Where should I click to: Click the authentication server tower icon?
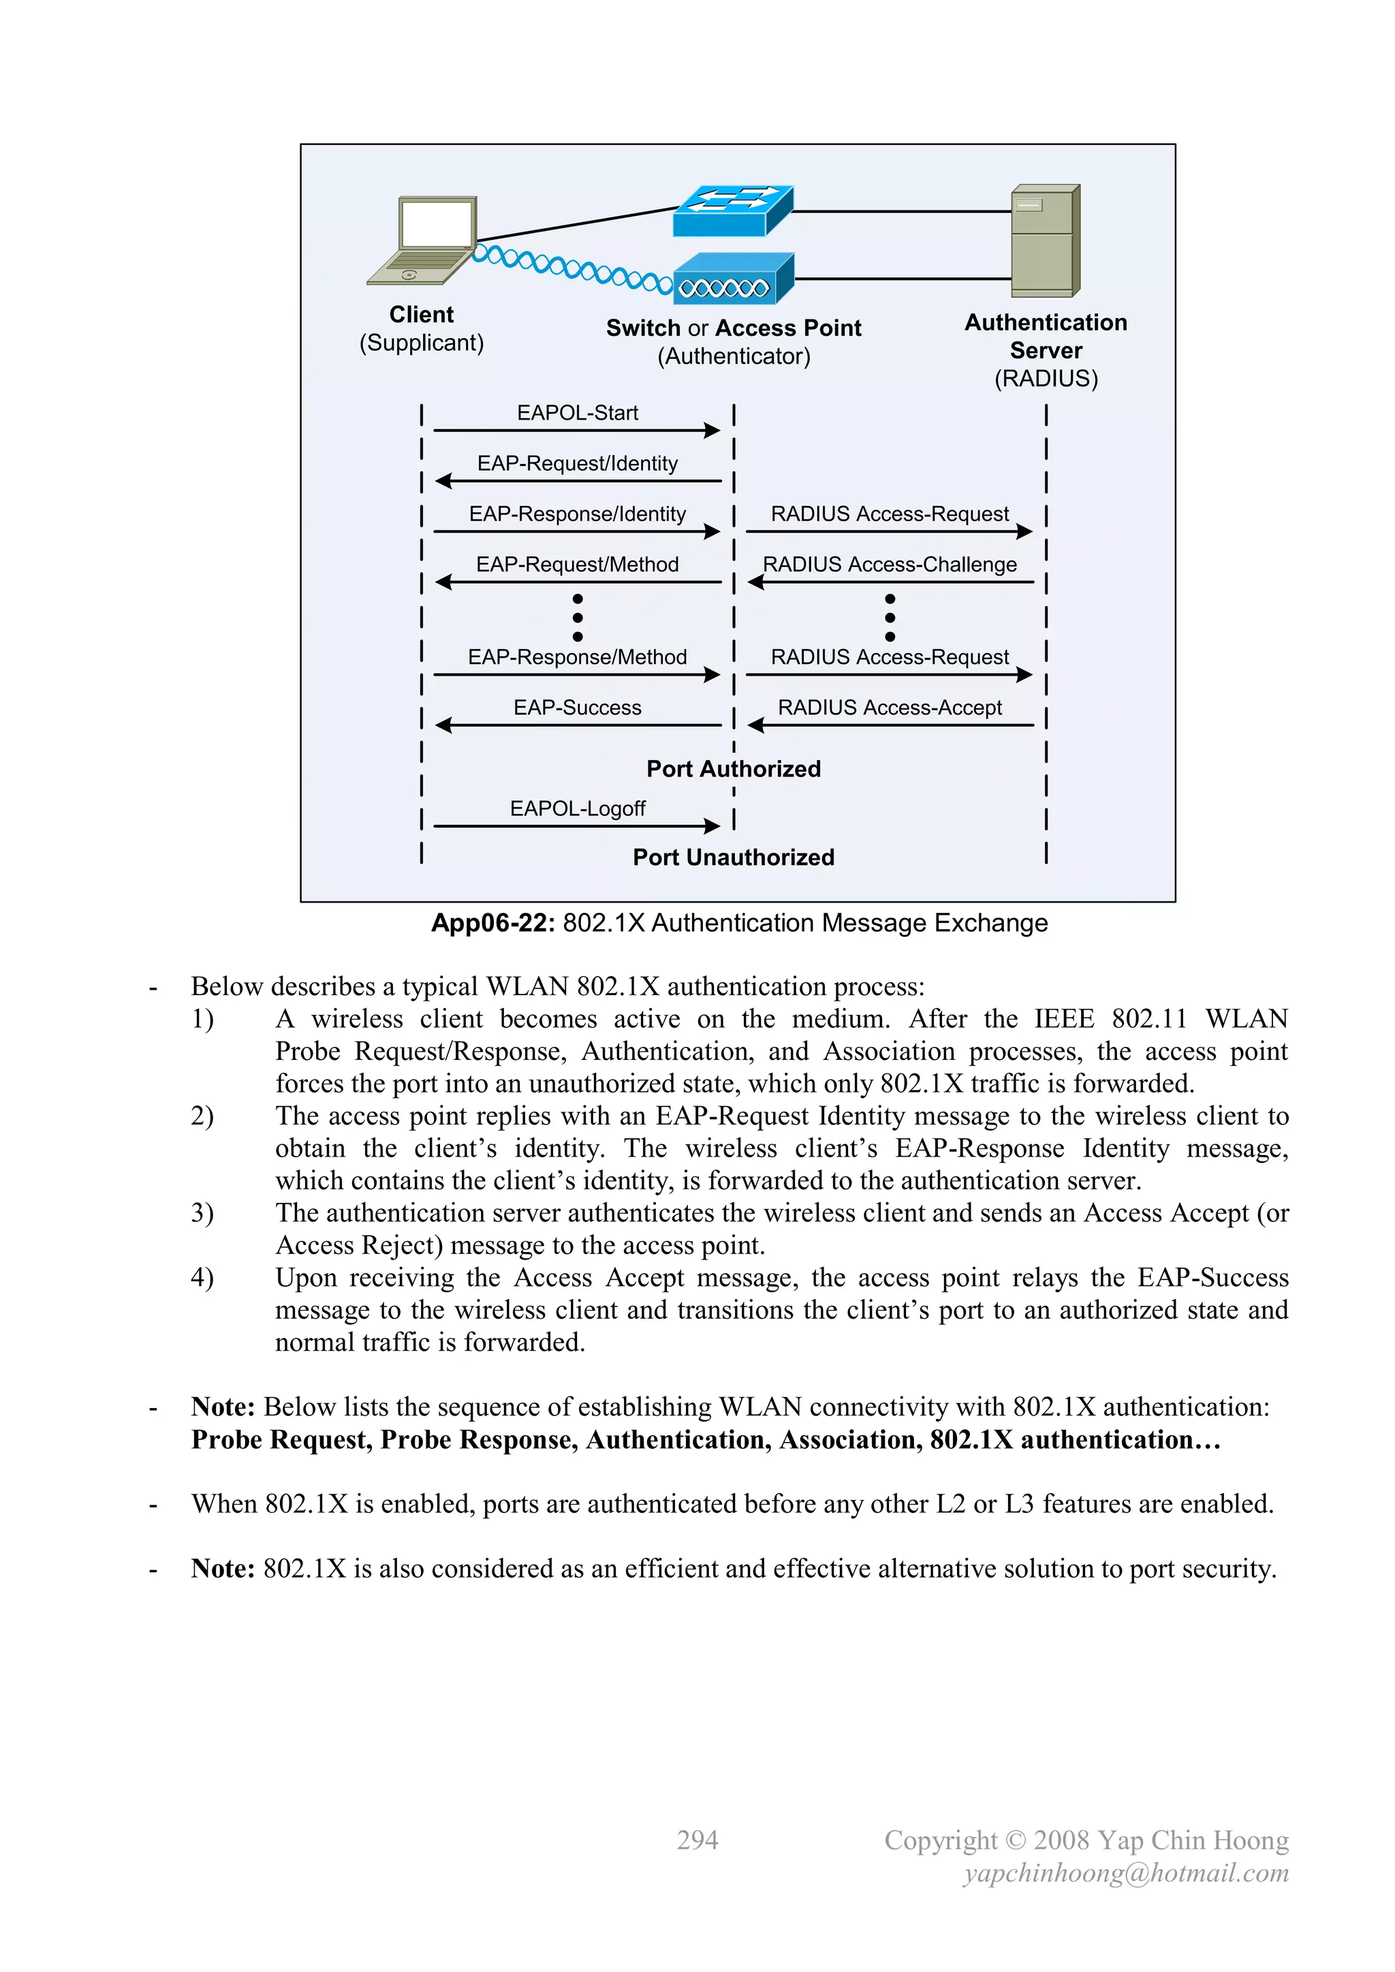pos(1044,240)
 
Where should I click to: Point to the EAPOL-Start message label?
pos(577,413)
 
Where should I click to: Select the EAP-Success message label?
pos(577,708)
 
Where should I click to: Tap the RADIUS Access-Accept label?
pos(889,708)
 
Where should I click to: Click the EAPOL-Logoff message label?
pos(577,809)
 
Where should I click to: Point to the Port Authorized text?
pos(734,768)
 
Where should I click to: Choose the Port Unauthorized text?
pos(734,857)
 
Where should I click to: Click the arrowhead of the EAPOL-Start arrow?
pos(711,431)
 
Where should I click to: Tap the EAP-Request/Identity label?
pos(577,464)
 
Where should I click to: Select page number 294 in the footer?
pos(697,1840)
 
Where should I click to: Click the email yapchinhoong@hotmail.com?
pos(1125,1873)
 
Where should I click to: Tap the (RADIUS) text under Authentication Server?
pos(1046,379)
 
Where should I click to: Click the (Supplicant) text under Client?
pos(421,343)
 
